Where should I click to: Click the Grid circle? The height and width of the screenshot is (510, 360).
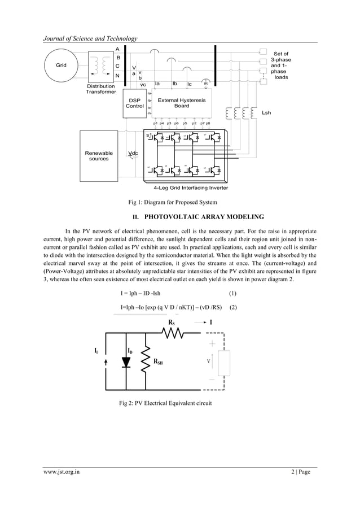(x=60, y=65)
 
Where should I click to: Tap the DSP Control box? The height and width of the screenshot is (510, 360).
(x=135, y=103)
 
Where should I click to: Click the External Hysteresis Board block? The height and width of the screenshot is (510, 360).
(x=181, y=103)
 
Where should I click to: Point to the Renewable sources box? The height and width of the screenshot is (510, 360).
(x=99, y=155)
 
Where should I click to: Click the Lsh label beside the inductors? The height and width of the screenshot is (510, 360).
(x=266, y=112)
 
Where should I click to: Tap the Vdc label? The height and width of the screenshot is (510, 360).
(x=134, y=154)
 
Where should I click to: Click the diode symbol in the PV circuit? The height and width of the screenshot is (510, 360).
(x=126, y=363)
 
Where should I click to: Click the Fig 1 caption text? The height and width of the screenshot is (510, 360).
(x=172, y=202)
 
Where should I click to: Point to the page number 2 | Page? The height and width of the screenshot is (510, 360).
(x=297, y=473)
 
